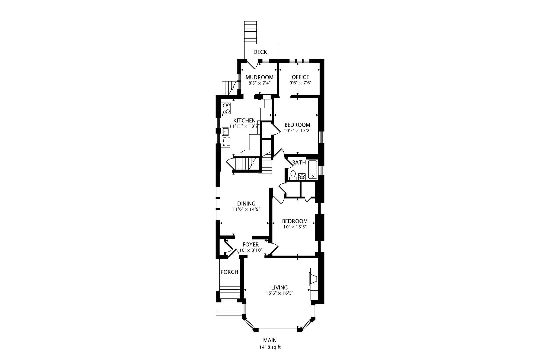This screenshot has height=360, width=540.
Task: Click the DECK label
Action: tap(260, 52)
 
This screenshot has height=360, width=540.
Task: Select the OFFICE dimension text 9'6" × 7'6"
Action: tap(300, 83)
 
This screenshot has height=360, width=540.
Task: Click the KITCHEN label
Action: tap(244, 121)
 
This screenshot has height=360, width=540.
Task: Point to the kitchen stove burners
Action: tap(226, 109)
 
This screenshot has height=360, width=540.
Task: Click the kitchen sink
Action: tap(225, 131)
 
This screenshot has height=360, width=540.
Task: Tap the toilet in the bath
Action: tap(293, 174)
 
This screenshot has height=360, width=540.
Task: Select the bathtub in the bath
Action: tap(312, 170)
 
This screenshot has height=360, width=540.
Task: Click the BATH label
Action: tap(299, 163)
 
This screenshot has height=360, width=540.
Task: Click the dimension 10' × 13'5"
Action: tap(295, 227)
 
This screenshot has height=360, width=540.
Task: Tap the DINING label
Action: tap(246, 204)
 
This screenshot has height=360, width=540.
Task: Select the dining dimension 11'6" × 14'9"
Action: tap(246, 209)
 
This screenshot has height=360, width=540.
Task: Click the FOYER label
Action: tap(250, 245)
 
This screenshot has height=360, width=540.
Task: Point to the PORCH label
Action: tap(229, 272)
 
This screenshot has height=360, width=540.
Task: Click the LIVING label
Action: tap(279, 288)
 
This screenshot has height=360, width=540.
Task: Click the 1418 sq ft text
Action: tap(270, 347)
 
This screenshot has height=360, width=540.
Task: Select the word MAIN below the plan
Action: tap(270, 340)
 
